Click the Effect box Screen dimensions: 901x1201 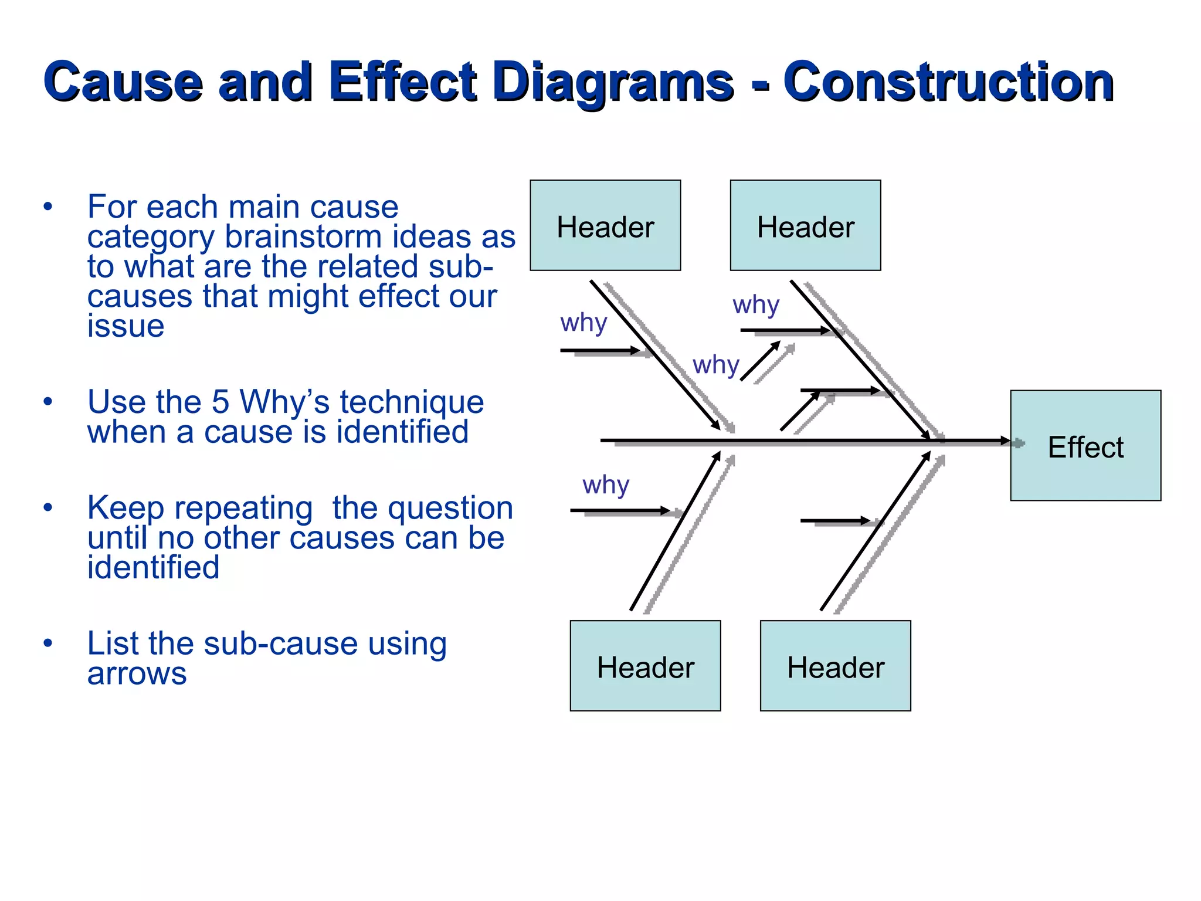(1085, 446)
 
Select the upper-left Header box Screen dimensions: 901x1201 (605, 226)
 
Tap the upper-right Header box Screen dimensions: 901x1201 (805, 226)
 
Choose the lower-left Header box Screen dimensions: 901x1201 (645, 666)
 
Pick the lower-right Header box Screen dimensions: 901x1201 (835, 666)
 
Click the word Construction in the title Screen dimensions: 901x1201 (948, 82)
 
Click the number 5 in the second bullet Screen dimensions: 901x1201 (220, 402)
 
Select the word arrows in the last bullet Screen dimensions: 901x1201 (137, 673)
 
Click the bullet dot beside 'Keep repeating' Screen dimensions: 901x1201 (48, 507)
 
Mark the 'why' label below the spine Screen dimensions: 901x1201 (606, 485)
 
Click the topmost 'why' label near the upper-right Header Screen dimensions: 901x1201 (755, 305)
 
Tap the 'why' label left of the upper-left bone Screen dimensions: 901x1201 (583, 323)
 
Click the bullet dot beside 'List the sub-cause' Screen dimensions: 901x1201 (48, 643)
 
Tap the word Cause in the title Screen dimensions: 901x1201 (123, 82)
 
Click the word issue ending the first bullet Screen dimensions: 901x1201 (125, 326)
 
